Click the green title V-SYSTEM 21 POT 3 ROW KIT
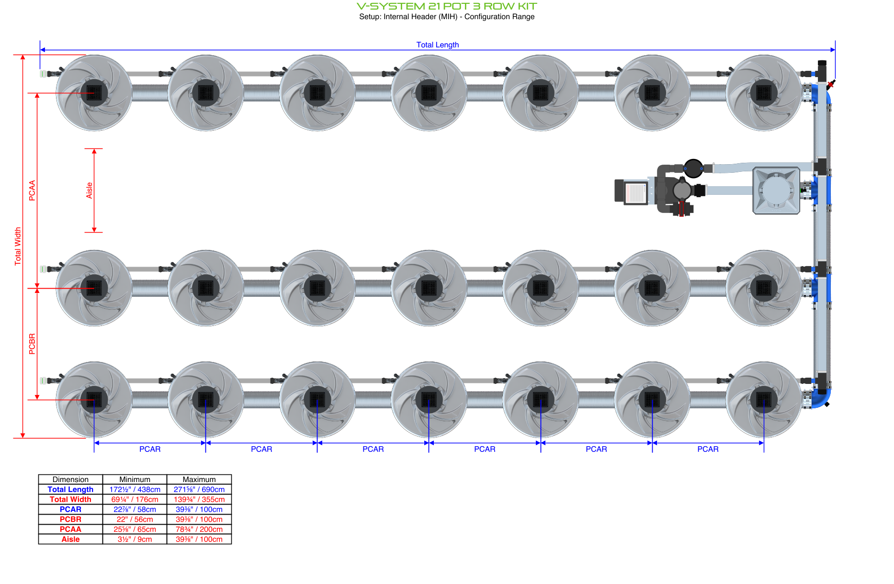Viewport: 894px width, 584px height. [446, 6]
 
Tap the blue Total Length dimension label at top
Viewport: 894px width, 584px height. [437, 45]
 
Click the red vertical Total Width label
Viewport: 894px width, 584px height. [18, 246]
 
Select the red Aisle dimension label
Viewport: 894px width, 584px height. [89, 190]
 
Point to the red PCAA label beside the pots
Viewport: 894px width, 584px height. [32, 190]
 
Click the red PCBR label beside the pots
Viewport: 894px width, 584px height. [32, 344]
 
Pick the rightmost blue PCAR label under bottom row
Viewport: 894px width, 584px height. [707, 449]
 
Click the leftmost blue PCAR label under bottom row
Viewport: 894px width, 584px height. [150, 449]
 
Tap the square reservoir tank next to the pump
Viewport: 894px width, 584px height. [776, 191]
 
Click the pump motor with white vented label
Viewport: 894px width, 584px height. [632, 191]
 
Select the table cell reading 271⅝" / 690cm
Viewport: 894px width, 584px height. [199, 489]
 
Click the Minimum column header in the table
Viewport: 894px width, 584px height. [135, 479]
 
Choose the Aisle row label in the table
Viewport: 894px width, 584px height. [70, 539]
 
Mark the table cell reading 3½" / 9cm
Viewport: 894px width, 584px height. [135, 539]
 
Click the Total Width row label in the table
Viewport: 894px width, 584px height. [70, 499]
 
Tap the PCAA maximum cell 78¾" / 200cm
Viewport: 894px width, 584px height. [199, 529]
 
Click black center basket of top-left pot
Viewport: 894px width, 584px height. [94, 93]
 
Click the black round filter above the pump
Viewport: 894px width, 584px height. [693, 168]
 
